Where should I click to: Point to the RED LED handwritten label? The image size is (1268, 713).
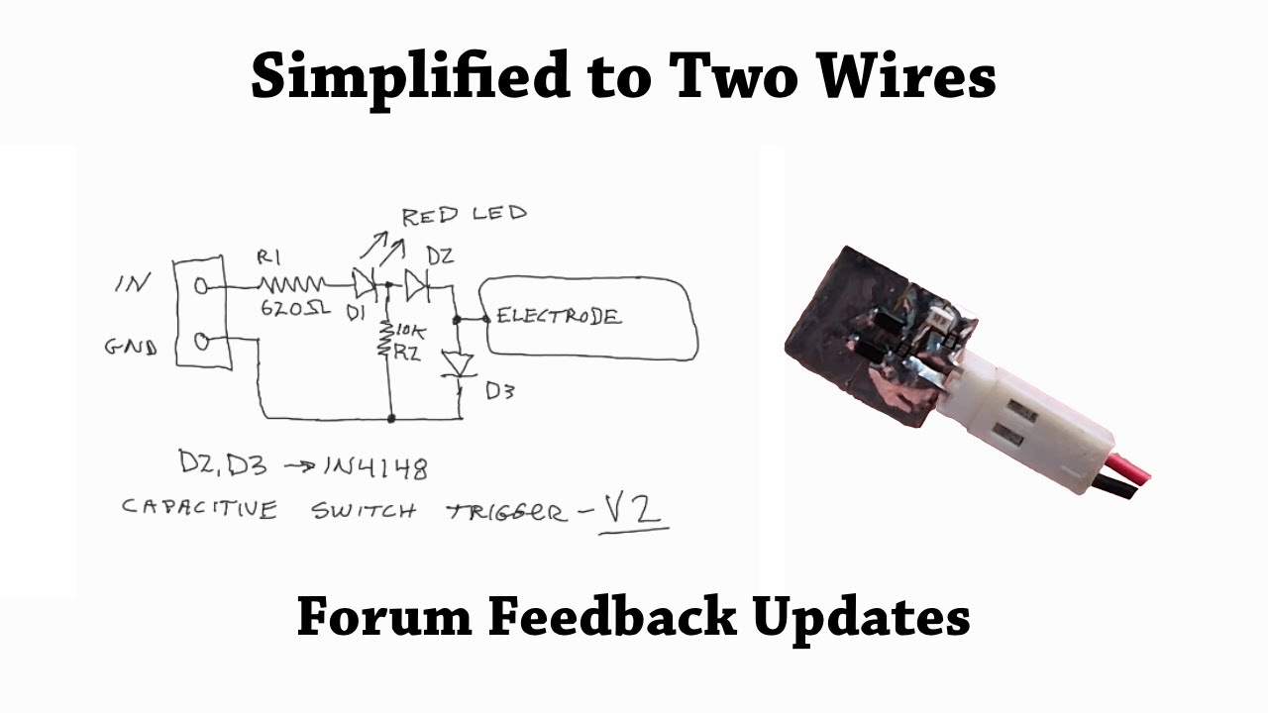(x=464, y=214)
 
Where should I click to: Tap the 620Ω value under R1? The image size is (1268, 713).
(x=295, y=309)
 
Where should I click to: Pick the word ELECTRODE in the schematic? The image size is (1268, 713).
(x=559, y=317)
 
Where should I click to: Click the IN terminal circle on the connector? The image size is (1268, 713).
(x=202, y=286)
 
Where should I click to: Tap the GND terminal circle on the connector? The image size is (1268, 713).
(x=202, y=343)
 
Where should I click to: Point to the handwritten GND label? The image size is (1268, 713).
(x=131, y=348)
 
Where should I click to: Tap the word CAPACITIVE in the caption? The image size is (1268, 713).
(x=199, y=509)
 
